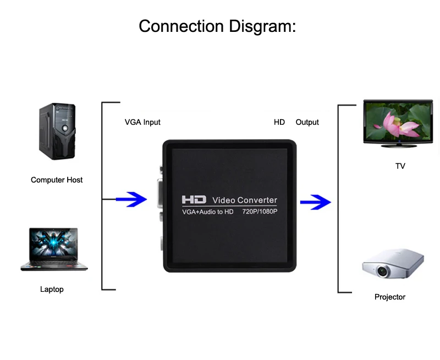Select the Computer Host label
[57, 180]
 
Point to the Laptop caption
[52, 289]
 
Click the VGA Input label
[142, 122]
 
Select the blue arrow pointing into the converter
[131, 200]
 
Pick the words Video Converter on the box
[245, 200]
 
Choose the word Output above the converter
[307, 122]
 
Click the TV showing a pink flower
[398, 123]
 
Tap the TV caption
[400, 166]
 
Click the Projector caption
[390, 297]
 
